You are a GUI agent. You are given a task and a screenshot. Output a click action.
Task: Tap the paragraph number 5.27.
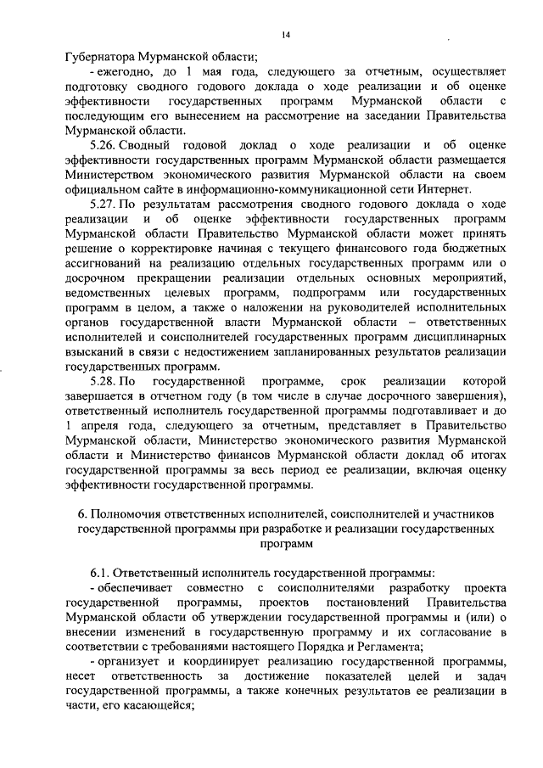[104, 205]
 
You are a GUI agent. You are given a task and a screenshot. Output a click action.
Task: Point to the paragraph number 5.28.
[104, 381]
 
